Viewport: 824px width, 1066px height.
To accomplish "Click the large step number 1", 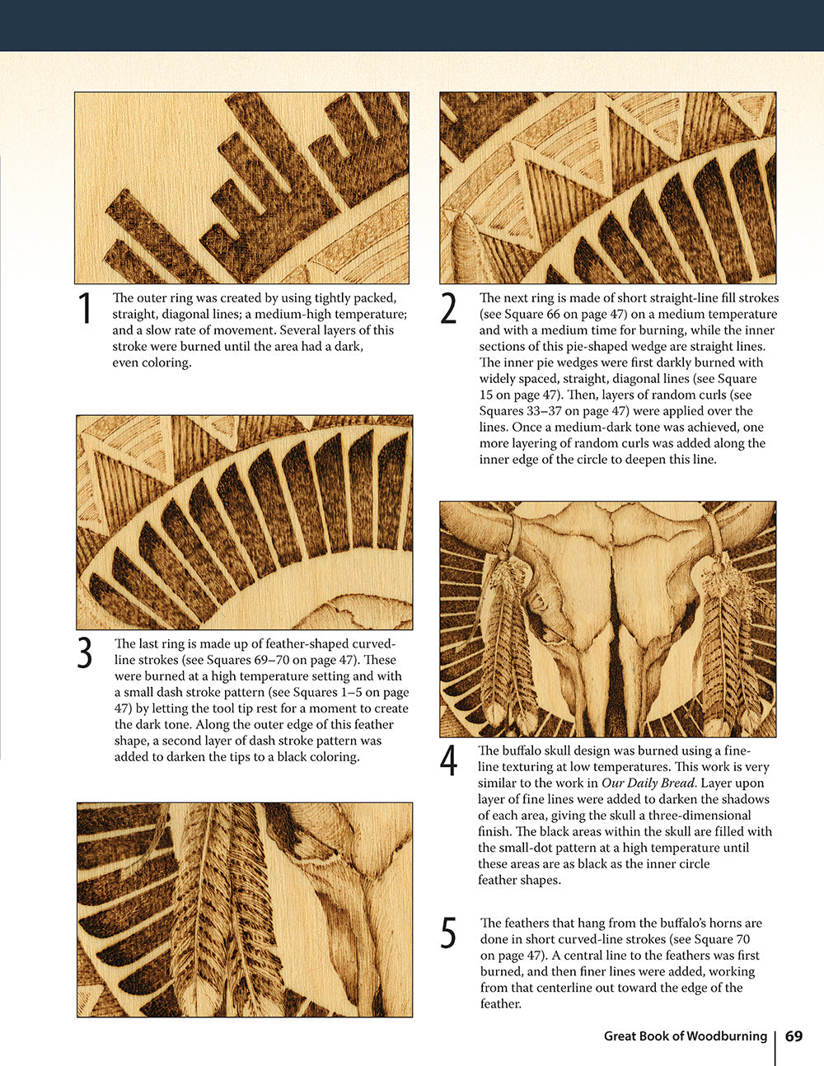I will [x=85, y=310].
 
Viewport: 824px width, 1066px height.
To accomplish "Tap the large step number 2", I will [x=448, y=310].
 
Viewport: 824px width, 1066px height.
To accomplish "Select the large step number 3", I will [x=85, y=654].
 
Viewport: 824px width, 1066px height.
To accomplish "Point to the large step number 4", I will [x=448, y=761].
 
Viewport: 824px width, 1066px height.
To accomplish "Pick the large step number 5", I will [x=448, y=933].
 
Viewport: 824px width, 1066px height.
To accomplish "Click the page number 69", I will [x=794, y=1036].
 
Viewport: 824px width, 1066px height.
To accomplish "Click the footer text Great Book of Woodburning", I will [x=685, y=1036].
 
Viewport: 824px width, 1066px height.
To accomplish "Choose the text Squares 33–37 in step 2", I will [x=514, y=411].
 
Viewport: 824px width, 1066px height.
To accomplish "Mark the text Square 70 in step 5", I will [x=720, y=939].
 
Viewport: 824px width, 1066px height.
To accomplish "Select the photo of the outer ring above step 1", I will [x=241, y=188].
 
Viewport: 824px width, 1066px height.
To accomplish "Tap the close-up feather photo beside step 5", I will [x=244, y=909].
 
